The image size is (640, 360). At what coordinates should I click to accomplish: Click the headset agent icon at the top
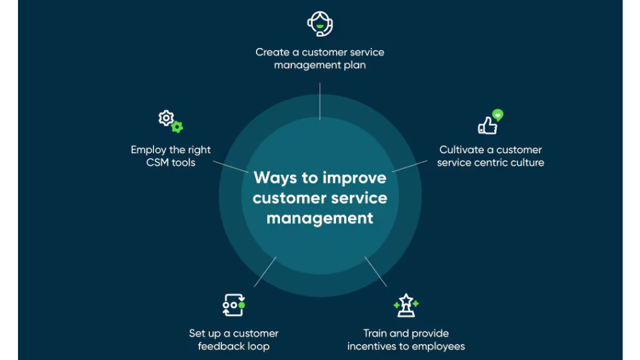tap(320, 24)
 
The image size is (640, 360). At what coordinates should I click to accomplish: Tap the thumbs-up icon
tap(488, 125)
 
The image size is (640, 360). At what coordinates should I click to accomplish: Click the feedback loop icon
tap(233, 305)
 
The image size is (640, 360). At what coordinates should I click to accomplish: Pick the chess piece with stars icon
tap(406, 305)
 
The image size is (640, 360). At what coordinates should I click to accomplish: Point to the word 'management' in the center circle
tap(320, 218)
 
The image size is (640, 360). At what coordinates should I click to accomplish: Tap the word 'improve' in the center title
tap(354, 178)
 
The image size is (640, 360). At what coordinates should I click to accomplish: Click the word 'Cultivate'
tap(461, 150)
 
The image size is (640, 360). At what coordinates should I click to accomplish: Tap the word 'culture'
tap(527, 163)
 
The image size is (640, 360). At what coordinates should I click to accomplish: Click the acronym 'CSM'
tap(157, 163)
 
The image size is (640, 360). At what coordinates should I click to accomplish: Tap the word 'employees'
tap(441, 347)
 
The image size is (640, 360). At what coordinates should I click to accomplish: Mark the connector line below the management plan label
tap(320, 101)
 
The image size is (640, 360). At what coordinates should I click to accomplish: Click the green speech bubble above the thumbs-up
tap(497, 114)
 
